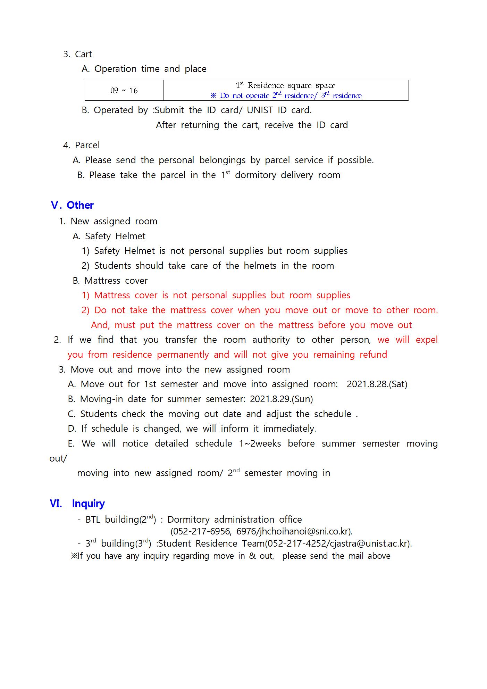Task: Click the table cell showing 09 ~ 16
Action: click(124, 91)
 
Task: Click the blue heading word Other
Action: click(80, 205)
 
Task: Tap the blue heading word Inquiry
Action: click(88, 504)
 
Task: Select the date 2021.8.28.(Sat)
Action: click(377, 384)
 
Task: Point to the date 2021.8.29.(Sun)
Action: click(281, 399)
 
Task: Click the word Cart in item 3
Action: click(83, 54)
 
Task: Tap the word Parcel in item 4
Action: click(87, 145)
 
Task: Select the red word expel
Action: click(427, 340)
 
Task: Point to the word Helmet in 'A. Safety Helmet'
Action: click(130, 236)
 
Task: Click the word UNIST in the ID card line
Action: click(260, 110)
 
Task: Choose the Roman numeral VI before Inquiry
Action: click(56, 504)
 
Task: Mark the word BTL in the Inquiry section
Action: click(93, 520)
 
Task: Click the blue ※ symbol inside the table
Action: click(213, 96)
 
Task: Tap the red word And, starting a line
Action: click(100, 325)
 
